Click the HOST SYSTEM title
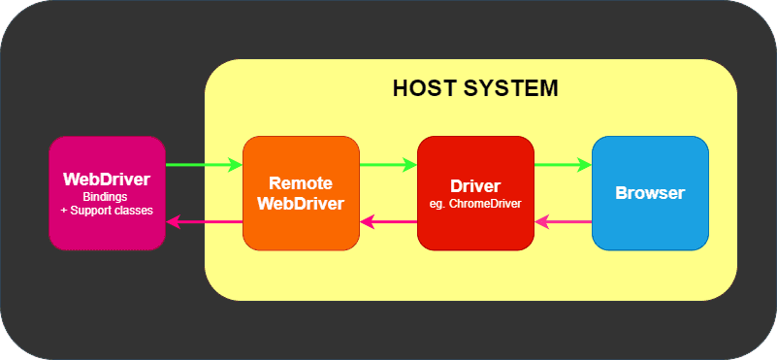475,88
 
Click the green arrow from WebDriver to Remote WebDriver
204,165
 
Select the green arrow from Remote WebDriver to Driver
388,165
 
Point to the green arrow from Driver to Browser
563,165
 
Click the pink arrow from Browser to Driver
563,222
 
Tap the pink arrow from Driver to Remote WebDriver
388,222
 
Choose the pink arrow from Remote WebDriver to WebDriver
204,222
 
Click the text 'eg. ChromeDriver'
475,204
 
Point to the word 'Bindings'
107,197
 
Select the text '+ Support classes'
107,210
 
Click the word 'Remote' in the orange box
301,182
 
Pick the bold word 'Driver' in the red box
475,186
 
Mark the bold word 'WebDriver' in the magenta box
107,180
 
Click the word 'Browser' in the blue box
650,192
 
